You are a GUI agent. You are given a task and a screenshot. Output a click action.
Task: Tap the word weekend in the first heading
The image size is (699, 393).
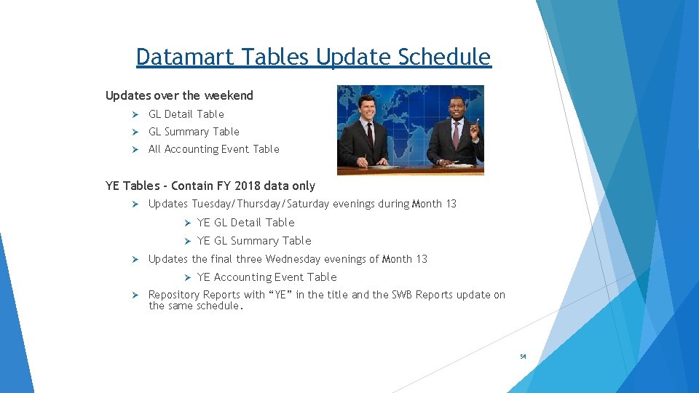[x=229, y=95]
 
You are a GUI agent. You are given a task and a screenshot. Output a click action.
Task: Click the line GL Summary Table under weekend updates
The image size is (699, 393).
[x=194, y=132]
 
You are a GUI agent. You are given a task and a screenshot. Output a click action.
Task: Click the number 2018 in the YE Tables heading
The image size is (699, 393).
[x=245, y=186]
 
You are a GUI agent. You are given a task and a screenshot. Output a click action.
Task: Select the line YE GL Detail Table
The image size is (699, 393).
[x=245, y=223]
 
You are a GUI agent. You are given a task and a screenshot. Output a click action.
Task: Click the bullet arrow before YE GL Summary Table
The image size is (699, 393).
[x=186, y=241]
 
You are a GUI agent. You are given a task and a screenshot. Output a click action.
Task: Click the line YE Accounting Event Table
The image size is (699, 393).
[x=266, y=277]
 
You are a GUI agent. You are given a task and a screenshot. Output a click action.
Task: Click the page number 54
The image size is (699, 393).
[x=523, y=357]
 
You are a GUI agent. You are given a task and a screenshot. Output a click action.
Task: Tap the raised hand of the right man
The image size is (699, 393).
[x=474, y=130]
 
